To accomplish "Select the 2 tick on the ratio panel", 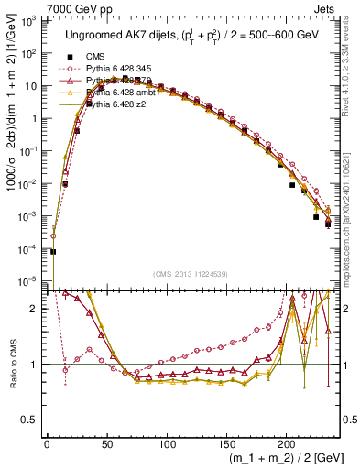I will (x=38, y=309).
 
